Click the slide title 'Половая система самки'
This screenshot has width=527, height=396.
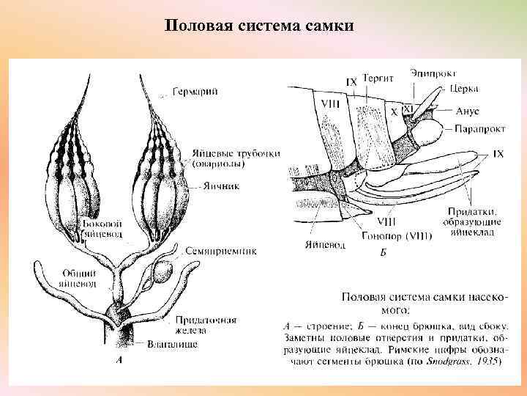[x=260, y=26]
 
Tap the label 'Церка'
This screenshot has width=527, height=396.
[x=464, y=89]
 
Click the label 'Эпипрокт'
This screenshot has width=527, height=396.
[x=433, y=73]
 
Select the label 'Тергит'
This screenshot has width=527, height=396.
[x=381, y=77]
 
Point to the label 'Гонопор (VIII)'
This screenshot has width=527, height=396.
[x=396, y=237]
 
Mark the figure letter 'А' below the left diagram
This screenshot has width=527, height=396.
[x=119, y=360]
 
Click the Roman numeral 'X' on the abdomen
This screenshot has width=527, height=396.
[x=393, y=113]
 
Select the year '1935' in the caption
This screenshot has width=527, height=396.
[x=487, y=361]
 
